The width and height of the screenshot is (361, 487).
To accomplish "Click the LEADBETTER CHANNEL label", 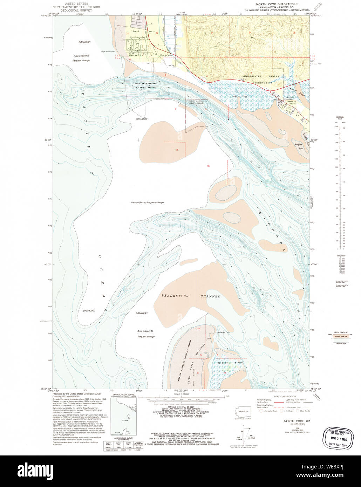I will (x=191, y=296).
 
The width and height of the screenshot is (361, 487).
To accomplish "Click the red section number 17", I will (x=177, y=150).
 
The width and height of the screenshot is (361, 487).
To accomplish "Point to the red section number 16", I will (x=208, y=166).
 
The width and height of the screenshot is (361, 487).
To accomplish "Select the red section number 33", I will (x=212, y=33).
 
